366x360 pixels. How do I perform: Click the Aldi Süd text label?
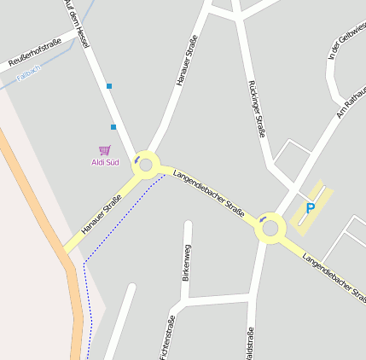[x=105, y=162]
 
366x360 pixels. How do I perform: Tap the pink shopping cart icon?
[x=105, y=150]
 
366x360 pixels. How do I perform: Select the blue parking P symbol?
[x=311, y=208]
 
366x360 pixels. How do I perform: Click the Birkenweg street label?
[x=187, y=262]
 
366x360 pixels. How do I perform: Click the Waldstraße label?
[x=250, y=343]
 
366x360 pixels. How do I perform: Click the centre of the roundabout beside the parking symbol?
[x=271, y=228]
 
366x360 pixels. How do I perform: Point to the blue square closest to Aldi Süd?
[x=113, y=127]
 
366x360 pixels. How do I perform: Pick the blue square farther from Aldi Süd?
[x=108, y=86]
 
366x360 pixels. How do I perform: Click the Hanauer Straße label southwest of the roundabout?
[x=101, y=215]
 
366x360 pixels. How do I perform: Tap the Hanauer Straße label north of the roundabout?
[x=187, y=61]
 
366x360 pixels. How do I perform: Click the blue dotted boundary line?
[x=87, y=290]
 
